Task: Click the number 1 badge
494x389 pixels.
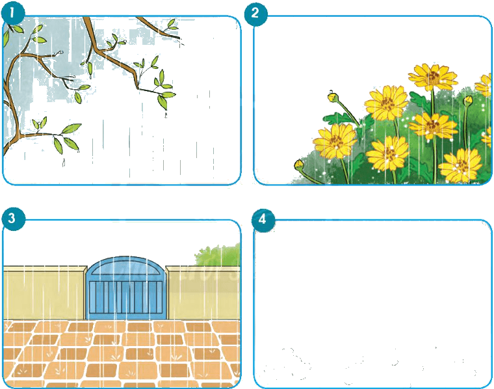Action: pos(12,13)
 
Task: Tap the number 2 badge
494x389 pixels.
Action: pos(255,13)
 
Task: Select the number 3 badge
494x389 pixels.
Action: pos(12,218)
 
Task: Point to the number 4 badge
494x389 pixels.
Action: pos(263,219)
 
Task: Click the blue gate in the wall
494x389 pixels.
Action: pos(125,288)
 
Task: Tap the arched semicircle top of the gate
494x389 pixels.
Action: pos(125,268)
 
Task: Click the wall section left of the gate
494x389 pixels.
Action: pos(45,293)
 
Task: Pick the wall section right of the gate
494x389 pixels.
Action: pos(203,293)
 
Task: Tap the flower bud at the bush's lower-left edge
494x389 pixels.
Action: pos(299,165)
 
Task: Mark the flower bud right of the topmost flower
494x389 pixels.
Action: pos(468,101)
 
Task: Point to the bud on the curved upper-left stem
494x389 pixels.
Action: pos(333,96)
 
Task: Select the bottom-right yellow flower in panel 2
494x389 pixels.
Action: pos(460,166)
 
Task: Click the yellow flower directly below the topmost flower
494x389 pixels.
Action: pos(433,126)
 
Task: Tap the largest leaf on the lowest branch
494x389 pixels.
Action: pos(71,128)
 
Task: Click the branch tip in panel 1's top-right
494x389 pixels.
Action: pos(180,38)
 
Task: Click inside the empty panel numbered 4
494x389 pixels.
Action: pos(372,304)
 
